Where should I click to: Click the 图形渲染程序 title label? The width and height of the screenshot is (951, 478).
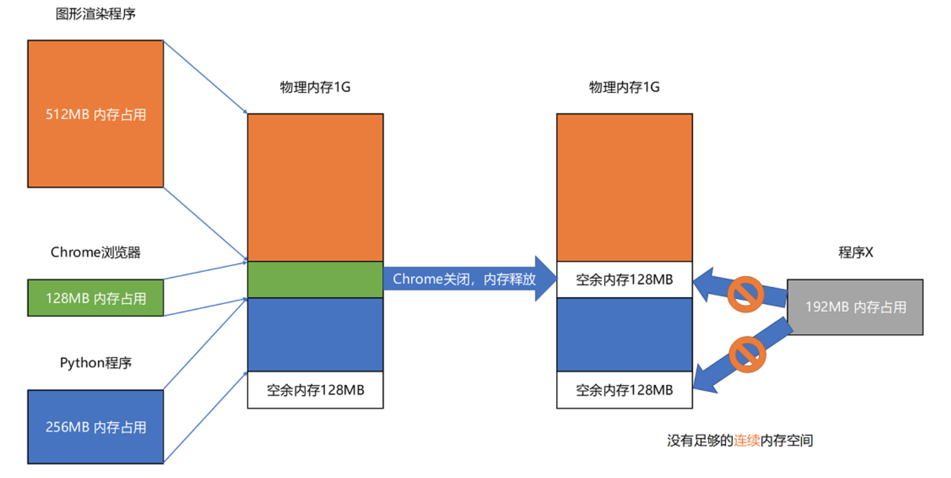95,14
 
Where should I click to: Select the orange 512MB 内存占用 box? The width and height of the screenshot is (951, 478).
95,114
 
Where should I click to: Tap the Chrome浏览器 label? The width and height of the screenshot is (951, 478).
95,252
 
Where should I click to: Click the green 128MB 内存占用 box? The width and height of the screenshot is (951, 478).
95,298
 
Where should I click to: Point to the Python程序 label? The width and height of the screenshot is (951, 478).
95,363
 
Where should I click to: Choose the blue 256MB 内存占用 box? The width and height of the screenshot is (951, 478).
95,427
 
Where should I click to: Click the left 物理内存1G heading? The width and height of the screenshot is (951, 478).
315,87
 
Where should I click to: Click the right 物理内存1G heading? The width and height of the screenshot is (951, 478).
624,87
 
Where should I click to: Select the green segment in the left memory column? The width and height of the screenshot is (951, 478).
315,280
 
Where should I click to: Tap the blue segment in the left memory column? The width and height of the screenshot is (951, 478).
315,334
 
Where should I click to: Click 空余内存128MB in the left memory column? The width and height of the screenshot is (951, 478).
315,390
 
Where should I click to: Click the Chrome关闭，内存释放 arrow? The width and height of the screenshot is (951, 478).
464,279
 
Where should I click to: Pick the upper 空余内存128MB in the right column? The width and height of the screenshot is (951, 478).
624,280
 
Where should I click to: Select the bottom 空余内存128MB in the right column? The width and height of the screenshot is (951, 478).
624,390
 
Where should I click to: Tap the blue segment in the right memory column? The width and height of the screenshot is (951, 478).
624,334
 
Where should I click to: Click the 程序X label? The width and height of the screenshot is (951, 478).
855,252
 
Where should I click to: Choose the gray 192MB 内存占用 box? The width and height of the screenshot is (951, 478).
855,307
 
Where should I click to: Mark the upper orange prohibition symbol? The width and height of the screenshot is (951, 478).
746,294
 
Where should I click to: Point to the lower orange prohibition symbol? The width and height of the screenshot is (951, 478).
747,354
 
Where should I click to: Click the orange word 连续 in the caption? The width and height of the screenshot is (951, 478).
747,440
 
